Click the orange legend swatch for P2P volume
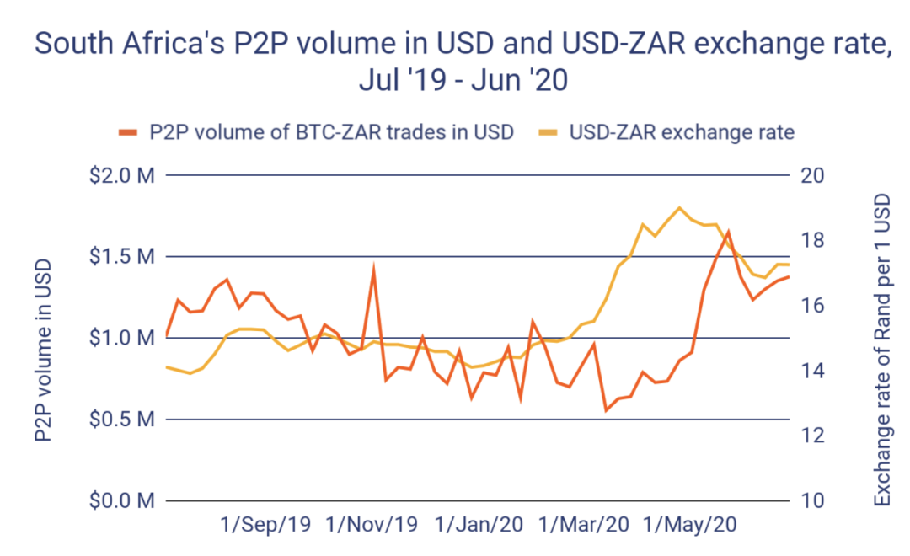coord(127,131)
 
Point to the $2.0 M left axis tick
coord(124,176)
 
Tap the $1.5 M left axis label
coord(124,257)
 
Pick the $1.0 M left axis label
coord(124,338)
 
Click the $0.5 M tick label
coord(124,420)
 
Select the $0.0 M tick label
coord(124,501)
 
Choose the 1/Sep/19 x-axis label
coord(265,525)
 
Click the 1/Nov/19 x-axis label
coord(371,525)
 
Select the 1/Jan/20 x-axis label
coord(478,525)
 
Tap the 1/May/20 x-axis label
coord(690,525)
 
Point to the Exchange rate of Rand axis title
coord(881,350)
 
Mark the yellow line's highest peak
coord(679,207)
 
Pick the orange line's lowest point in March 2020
coord(606,410)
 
